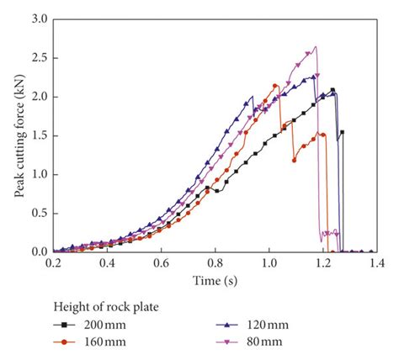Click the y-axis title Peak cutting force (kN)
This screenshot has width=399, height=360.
(19, 135)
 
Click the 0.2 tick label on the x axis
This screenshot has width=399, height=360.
(53, 263)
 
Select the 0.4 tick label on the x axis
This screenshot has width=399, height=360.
(107, 263)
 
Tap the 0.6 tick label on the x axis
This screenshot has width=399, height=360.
(161, 263)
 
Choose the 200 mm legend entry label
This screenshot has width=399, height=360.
(104, 324)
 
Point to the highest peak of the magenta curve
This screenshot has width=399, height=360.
(316, 47)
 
